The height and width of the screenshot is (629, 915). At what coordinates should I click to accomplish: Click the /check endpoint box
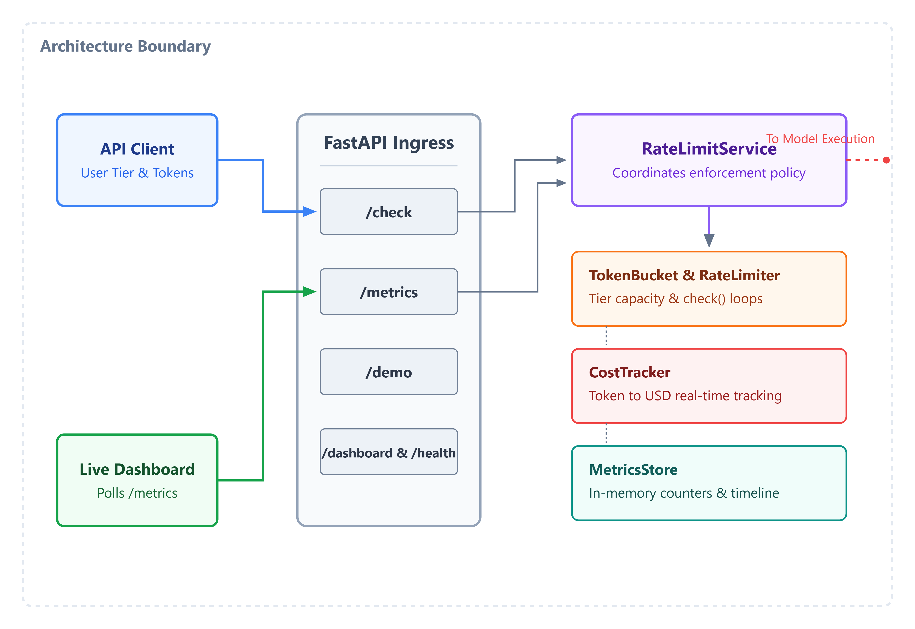pos(388,212)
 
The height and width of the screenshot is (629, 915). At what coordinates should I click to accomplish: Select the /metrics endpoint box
pos(388,292)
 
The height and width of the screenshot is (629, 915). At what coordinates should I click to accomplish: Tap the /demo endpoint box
pos(388,372)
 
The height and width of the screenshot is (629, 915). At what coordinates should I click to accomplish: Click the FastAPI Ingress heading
pos(388,143)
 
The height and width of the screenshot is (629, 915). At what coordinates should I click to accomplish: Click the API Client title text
pos(137,149)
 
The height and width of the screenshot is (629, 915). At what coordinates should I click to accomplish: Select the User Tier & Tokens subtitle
pos(137,173)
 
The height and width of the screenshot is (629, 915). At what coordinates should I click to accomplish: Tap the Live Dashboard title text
pos(137,469)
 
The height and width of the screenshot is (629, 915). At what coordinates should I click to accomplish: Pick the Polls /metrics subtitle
pos(137,493)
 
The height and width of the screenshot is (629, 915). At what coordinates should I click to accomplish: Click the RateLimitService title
pos(709,149)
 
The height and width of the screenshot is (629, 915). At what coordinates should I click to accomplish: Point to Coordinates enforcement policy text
pos(709,173)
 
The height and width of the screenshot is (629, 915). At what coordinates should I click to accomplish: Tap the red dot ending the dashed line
pos(886,160)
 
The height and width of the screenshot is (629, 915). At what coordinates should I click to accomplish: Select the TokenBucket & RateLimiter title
pos(684,275)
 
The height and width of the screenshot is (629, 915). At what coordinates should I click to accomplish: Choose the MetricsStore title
pos(633,469)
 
